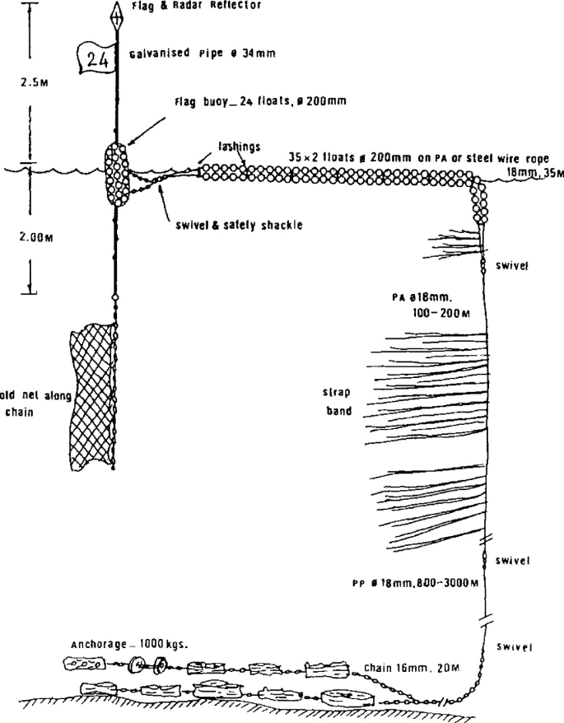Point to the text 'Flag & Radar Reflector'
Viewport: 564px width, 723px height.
[x=196, y=5]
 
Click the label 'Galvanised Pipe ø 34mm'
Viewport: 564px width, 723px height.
[x=202, y=55]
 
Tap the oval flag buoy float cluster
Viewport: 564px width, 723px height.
[x=116, y=174]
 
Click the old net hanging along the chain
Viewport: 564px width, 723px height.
[x=92, y=395]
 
